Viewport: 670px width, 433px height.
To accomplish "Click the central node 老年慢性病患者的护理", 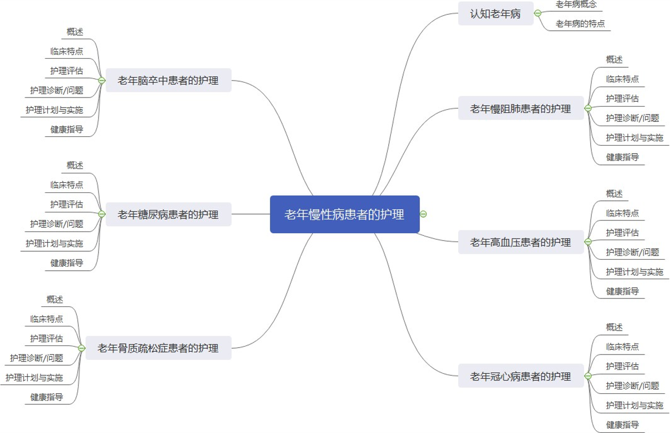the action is pos(344,214).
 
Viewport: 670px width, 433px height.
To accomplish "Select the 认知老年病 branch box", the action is pos(495,14).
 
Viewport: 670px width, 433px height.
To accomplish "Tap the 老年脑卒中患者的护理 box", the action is pos(168,81).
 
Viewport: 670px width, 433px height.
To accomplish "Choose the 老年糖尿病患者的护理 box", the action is pos(168,214).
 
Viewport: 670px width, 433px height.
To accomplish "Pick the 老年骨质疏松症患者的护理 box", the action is pos(158,348).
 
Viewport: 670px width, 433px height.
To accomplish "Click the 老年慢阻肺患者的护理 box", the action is pos(521,109).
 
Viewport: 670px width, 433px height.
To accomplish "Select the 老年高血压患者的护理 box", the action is pos(521,242).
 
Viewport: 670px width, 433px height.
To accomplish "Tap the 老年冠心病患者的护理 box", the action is pos(521,376).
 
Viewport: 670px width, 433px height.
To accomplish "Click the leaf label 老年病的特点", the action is pos(580,24).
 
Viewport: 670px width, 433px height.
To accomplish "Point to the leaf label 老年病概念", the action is pos(576,4).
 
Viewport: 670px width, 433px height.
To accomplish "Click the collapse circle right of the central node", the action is pos(423,214).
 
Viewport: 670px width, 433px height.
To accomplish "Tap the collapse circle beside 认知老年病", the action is pos(538,13).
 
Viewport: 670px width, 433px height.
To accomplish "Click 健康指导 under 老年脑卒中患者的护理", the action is pos(67,129).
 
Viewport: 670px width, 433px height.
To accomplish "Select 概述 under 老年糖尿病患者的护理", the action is pos(75,165).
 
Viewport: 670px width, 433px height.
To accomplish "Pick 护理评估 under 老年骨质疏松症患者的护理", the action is pos(47,338).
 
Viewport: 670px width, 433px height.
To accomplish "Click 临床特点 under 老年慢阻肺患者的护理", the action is pos(622,79).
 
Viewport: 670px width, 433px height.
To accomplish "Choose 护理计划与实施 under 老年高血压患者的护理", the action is pos(635,272).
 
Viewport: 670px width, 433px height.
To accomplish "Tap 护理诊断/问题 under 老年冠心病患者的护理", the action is pos(632,386).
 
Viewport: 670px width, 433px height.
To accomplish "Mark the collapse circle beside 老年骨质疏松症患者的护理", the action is pos(82,348).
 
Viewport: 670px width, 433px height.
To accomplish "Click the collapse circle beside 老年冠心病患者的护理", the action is pos(588,376).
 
